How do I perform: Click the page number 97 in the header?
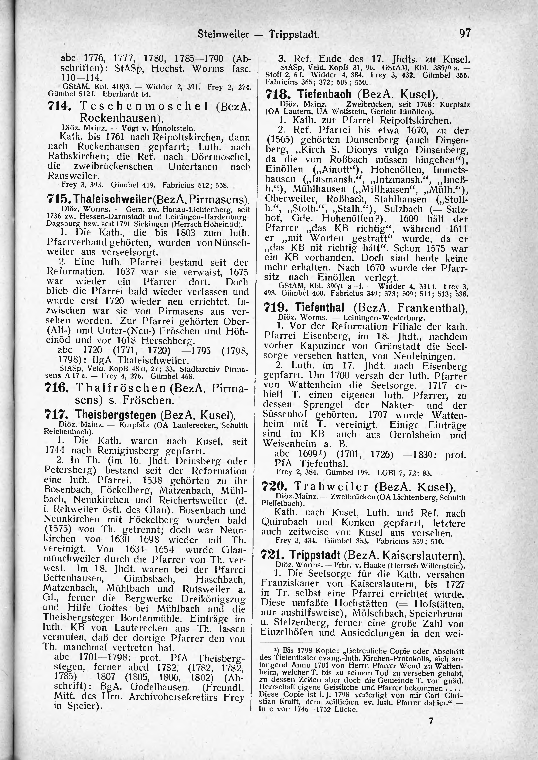[x=465, y=33]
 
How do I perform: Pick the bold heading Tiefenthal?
[x=320, y=308]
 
